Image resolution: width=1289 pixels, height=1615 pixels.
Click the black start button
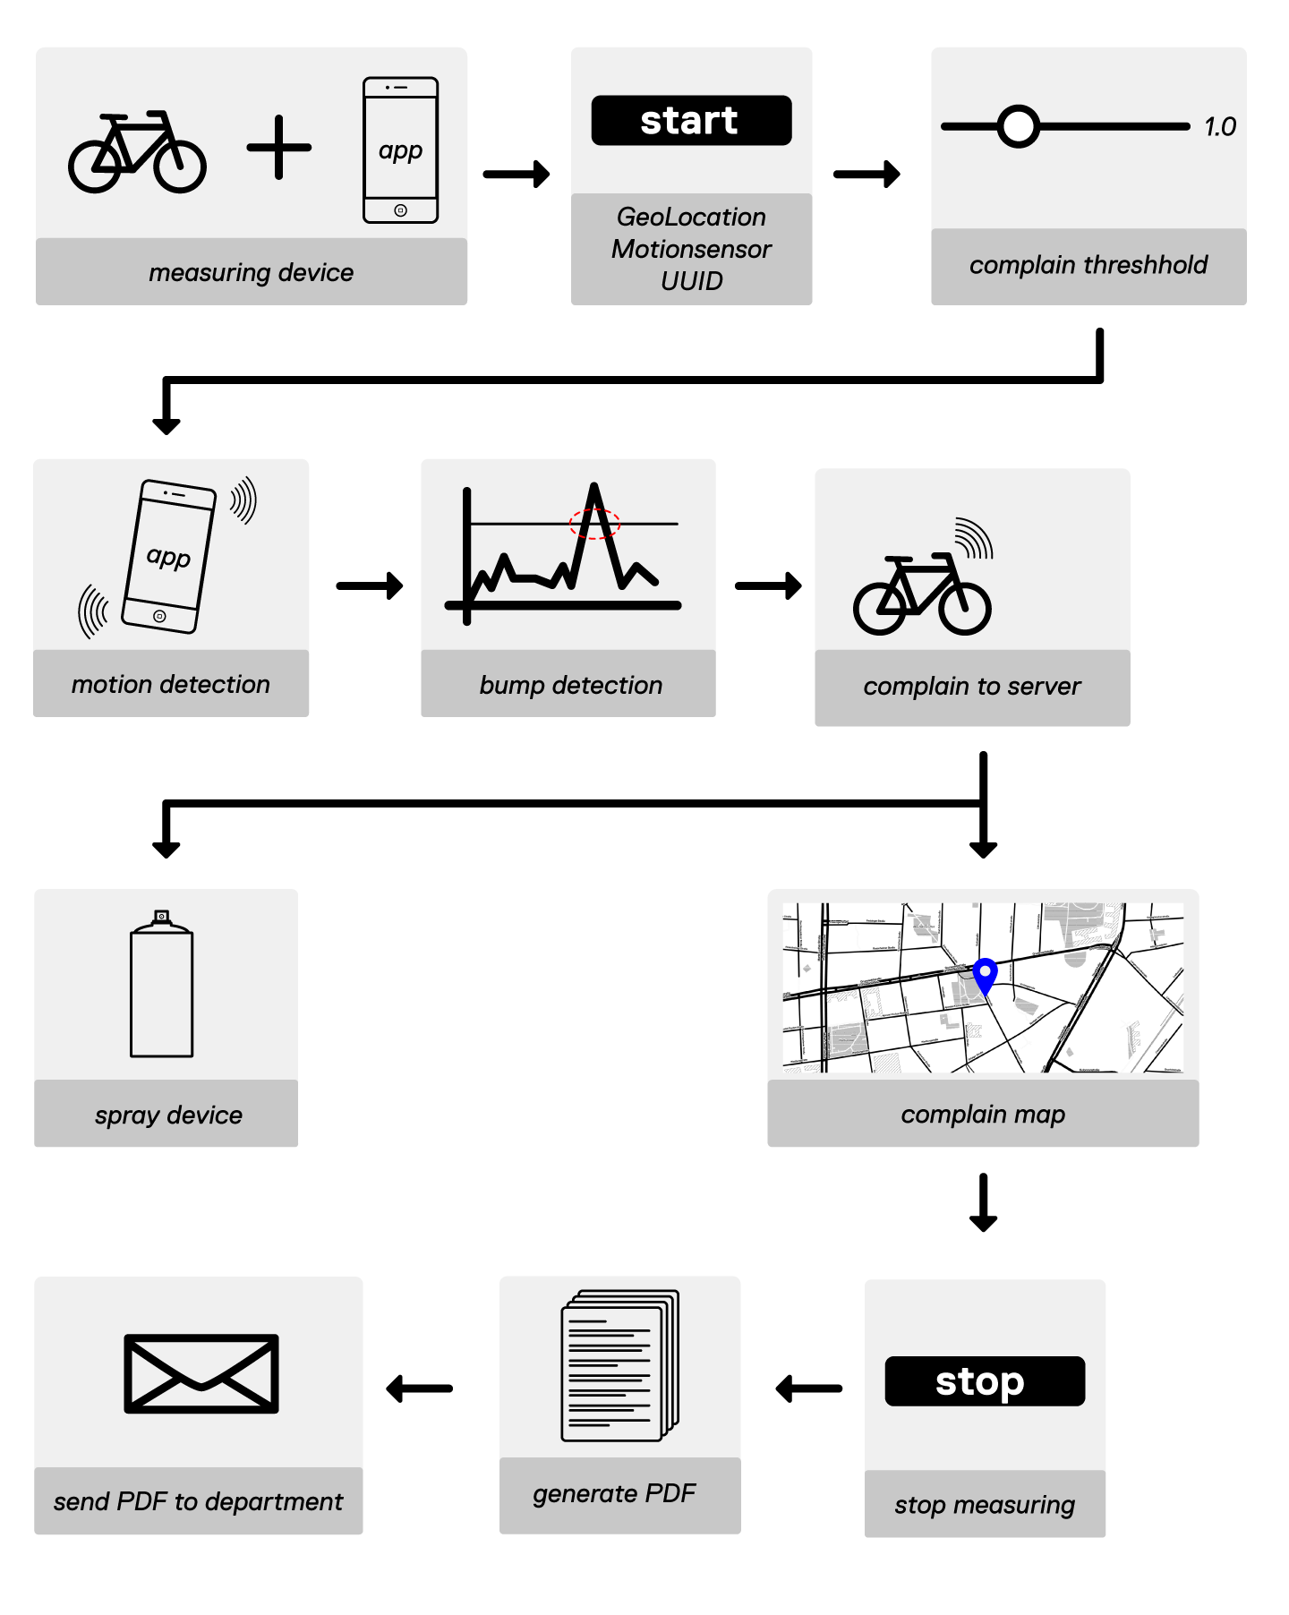(x=691, y=121)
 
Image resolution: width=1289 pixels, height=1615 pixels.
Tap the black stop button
(x=984, y=1381)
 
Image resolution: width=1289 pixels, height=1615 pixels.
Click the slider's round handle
(x=1018, y=126)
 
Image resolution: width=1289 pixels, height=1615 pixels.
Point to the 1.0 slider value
(x=1219, y=127)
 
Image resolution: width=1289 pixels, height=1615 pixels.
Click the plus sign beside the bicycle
(x=279, y=148)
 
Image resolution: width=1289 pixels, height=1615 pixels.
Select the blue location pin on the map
(x=985, y=975)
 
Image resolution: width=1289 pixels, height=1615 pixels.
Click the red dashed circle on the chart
(x=594, y=524)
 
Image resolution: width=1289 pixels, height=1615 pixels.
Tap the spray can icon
(x=161, y=985)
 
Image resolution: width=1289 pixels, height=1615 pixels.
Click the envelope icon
(x=201, y=1373)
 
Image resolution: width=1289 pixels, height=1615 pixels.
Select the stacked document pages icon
(x=619, y=1365)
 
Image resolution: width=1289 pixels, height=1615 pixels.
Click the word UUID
(x=691, y=281)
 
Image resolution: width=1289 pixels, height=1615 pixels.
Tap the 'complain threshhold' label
(x=1088, y=265)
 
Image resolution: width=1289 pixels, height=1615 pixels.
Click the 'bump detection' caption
(x=570, y=685)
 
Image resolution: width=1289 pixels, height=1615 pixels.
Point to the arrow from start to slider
(x=866, y=174)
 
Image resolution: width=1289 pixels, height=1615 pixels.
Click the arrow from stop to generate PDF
(x=809, y=1389)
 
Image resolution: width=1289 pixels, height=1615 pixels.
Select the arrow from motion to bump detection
(x=370, y=586)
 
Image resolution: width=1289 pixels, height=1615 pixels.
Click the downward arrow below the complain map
(x=983, y=1202)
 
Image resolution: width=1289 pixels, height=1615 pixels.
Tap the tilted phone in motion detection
(x=168, y=557)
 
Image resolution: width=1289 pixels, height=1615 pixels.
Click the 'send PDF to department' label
(x=198, y=1501)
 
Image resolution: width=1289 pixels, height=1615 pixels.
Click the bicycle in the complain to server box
(x=922, y=594)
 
